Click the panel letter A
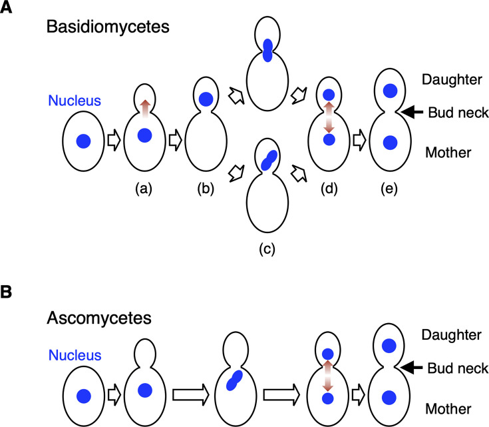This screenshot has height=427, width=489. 5,7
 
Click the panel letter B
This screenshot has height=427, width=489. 5,292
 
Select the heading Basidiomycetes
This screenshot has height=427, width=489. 108,27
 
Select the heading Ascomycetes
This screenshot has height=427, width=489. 99,318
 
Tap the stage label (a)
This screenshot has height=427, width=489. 144,189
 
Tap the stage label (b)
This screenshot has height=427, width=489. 206,189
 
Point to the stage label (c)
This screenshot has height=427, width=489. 267,249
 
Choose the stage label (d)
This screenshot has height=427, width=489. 329,189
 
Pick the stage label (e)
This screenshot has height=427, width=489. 389,189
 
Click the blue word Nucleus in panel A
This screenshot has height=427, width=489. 75,101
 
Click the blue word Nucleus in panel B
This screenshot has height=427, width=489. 75,355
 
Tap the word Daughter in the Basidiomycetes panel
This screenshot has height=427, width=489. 452,80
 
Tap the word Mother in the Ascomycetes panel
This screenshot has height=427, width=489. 448,409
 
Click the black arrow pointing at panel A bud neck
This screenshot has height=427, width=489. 412,112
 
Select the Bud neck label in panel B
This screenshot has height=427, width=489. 458,368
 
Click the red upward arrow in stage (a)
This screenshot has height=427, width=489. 144,109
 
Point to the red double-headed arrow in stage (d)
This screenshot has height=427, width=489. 329,117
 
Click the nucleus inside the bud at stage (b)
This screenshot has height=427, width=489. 206,99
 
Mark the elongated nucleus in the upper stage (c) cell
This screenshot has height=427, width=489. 267,50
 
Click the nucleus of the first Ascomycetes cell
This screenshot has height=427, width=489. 84,396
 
